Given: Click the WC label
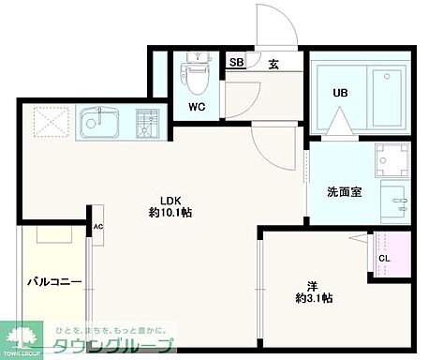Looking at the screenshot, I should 197,106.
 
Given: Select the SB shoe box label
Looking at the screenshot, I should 237,64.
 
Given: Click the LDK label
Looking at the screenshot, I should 169,200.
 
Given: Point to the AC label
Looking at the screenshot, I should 97,227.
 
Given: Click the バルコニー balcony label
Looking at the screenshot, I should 54,280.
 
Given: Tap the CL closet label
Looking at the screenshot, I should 384,259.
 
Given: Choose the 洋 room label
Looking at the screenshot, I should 312,285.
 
